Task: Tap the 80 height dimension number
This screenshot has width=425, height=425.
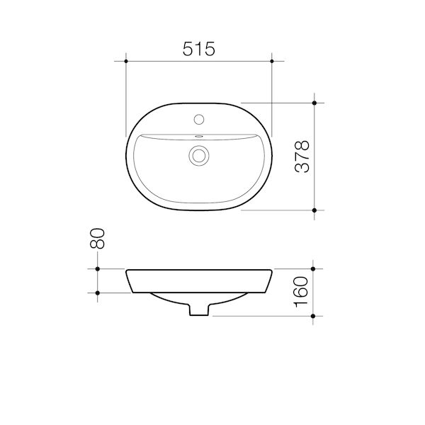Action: tap(99, 239)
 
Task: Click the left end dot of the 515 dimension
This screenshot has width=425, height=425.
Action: tap(126, 62)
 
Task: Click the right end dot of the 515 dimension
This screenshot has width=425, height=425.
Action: tap(272, 62)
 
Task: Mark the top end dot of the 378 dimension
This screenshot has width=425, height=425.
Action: tap(314, 103)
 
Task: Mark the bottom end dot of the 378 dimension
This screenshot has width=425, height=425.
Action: tap(314, 210)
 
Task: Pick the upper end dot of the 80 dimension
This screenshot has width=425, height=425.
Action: tap(97, 269)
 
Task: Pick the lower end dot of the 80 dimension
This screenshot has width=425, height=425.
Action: tap(97, 292)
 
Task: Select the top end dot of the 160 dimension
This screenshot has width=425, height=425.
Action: tap(314, 269)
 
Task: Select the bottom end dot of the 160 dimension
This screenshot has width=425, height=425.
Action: tap(314, 315)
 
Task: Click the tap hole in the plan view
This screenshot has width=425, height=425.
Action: tap(199, 118)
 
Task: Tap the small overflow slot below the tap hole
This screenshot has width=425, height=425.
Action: tap(199, 136)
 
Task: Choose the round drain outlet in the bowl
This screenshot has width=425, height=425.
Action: tap(199, 156)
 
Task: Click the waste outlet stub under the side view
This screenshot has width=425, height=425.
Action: tap(199, 310)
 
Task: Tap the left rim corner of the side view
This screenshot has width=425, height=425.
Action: tap(127, 271)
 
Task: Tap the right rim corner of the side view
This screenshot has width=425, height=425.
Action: tap(271, 271)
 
